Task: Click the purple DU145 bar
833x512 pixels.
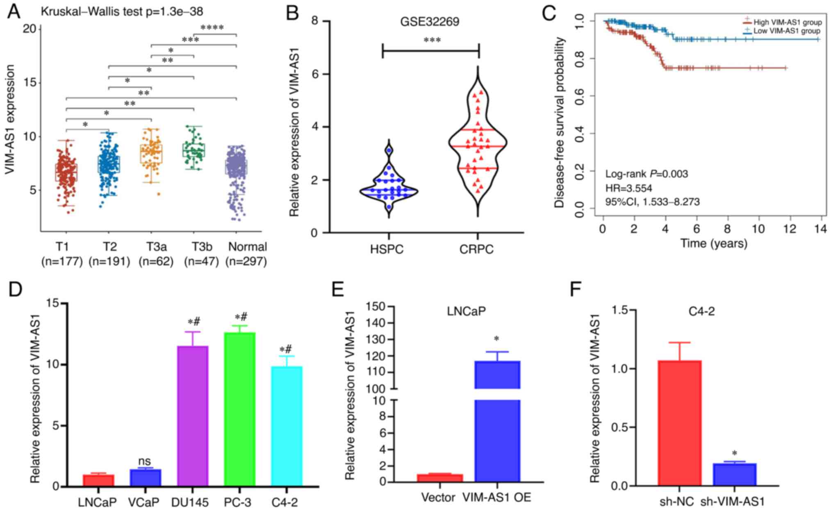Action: pos(193,416)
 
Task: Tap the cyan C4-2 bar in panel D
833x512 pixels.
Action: pos(287,426)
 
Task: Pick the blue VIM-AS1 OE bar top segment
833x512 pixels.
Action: pos(497,374)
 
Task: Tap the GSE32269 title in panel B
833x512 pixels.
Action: pos(430,21)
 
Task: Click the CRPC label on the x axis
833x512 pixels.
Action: pos(476,249)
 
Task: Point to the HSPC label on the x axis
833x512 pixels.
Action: pos(387,249)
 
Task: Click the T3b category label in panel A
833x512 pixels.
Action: pos(202,247)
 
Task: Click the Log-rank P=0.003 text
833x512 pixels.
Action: pos(646,174)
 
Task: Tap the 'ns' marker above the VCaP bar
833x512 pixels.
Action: pos(144,462)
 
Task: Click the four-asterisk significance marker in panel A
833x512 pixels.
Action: pos(212,28)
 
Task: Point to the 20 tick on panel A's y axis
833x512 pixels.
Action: pos(32,29)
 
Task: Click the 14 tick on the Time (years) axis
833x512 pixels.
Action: pos(821,228)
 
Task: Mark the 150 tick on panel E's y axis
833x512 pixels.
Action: pos(376,307)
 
